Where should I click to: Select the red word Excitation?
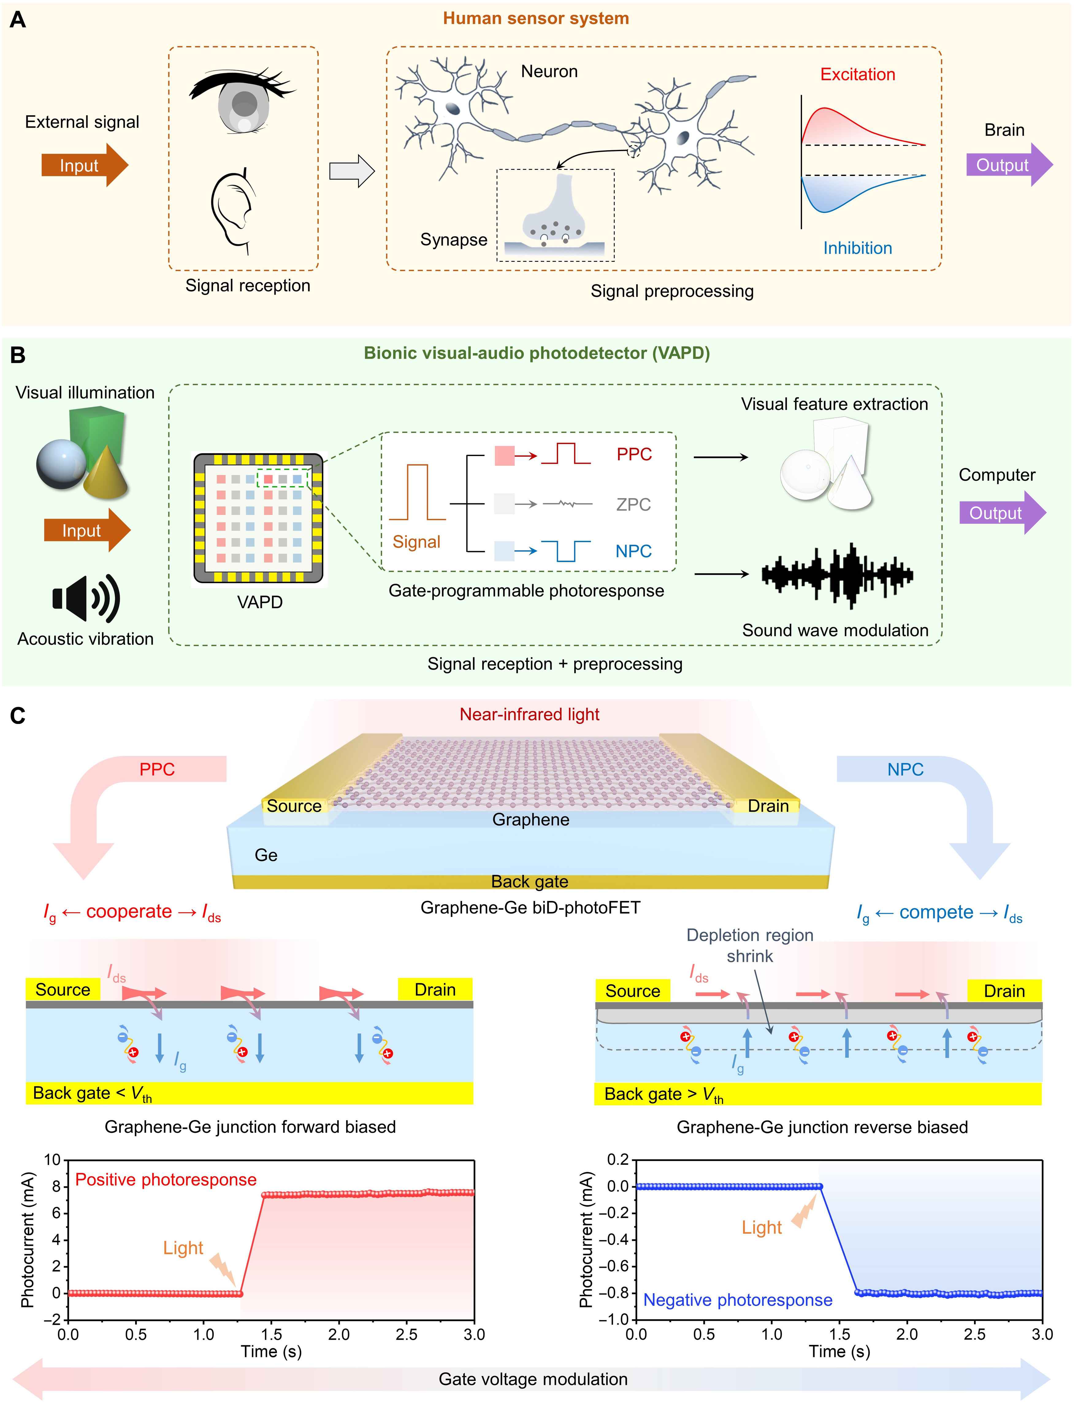point(857,75)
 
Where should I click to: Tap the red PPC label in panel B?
point(633,454)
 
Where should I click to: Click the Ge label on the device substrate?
point(266,855)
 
